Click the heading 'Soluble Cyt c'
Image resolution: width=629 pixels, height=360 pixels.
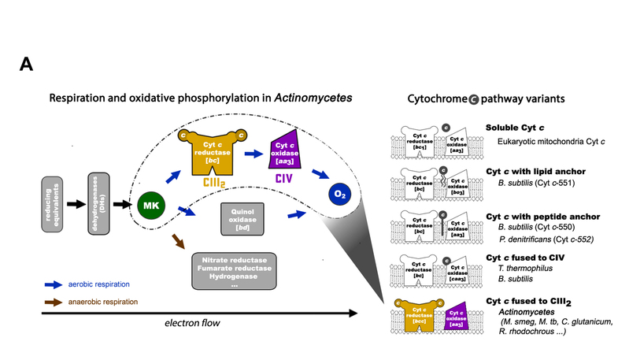pyautogui.click(x=512, y=128)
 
